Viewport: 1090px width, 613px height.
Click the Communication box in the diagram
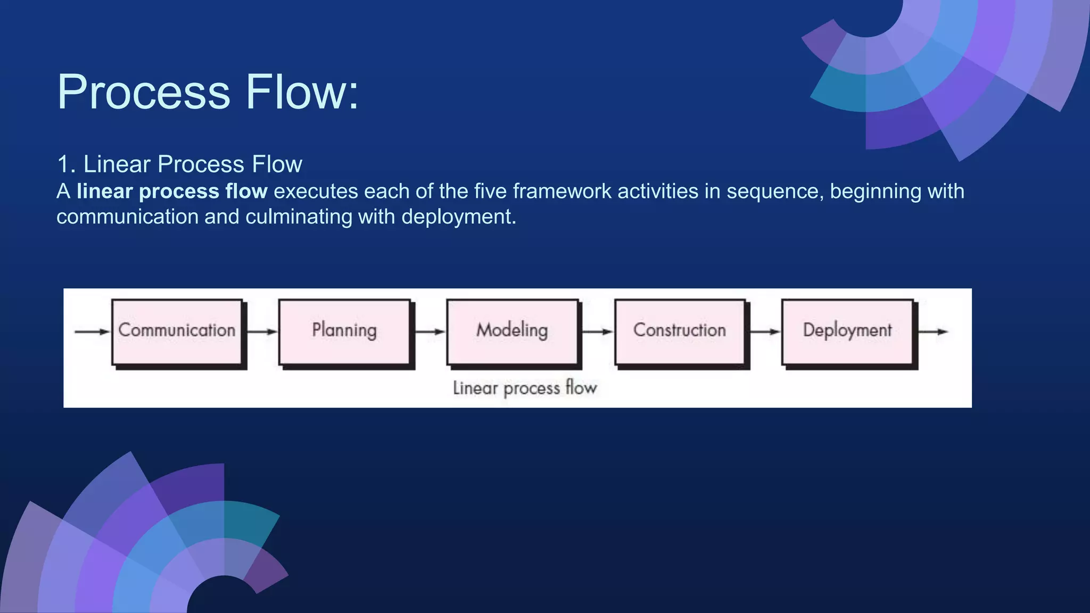(177, 331)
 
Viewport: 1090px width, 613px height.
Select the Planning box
(344, 331)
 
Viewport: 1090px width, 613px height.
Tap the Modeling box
(512, 331)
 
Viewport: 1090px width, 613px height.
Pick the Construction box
(680, 331)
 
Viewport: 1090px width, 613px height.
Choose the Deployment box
(847, 331)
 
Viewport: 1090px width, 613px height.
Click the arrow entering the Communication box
(92, 332)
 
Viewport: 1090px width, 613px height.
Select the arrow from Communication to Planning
(262, 332)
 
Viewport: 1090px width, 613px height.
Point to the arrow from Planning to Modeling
(430, 332)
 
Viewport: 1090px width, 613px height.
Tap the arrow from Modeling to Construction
(597, 332)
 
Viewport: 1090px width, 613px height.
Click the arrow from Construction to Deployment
(765, 332)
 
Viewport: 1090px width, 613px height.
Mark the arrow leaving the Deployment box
(932, 332)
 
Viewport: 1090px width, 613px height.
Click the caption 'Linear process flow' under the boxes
(525, 388)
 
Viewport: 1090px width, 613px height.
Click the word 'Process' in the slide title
(144, 92)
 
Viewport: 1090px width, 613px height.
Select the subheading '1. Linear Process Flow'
(179, 164)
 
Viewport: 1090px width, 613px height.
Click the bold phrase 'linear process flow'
(172, 191)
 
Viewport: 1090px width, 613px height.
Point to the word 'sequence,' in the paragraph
(775, 191)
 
